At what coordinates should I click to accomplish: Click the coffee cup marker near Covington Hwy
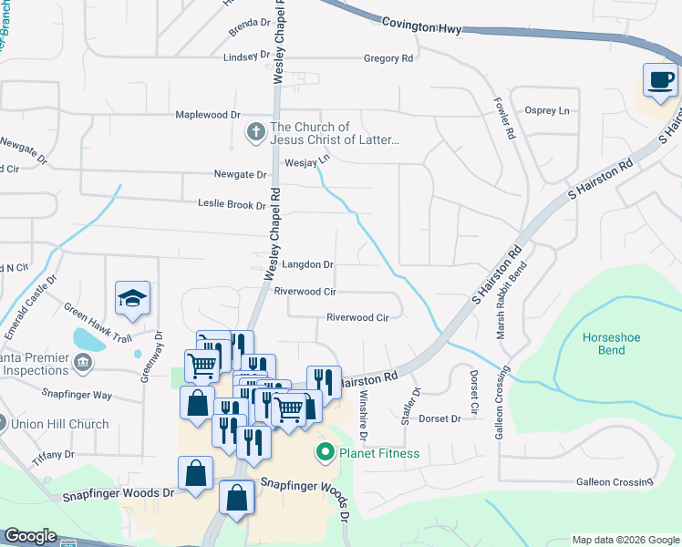point(661,79)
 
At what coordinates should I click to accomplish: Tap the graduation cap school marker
point(132,297)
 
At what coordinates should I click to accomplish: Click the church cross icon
point(255,133)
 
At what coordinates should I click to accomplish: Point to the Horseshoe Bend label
point(604,344)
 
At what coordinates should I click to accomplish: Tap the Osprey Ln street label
point(547,110)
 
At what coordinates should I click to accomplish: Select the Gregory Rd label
point(388,58)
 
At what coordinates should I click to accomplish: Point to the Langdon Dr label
point(308,264)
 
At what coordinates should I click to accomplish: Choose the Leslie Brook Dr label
point(232,205)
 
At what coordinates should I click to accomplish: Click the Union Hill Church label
point(60,424)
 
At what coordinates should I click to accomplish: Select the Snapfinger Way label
point(77,395)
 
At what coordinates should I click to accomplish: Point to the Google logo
point(30,536)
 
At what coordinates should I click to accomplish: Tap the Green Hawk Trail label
point(98,323)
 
